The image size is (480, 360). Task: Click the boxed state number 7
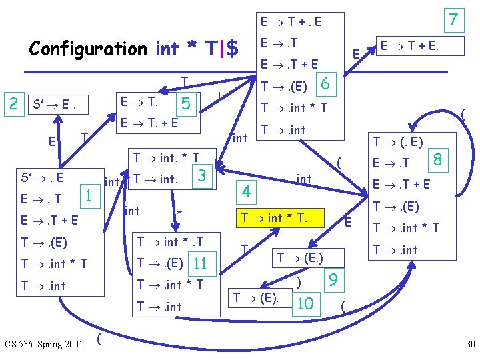tap(454, 20)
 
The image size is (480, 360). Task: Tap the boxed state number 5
tap(186, 103)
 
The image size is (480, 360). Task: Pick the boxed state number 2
tap(13, 103)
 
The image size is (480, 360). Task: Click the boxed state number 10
tap(306, 303)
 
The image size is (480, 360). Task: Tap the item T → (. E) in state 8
tap(398, 141)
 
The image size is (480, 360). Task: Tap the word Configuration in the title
tap(88, 49)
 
